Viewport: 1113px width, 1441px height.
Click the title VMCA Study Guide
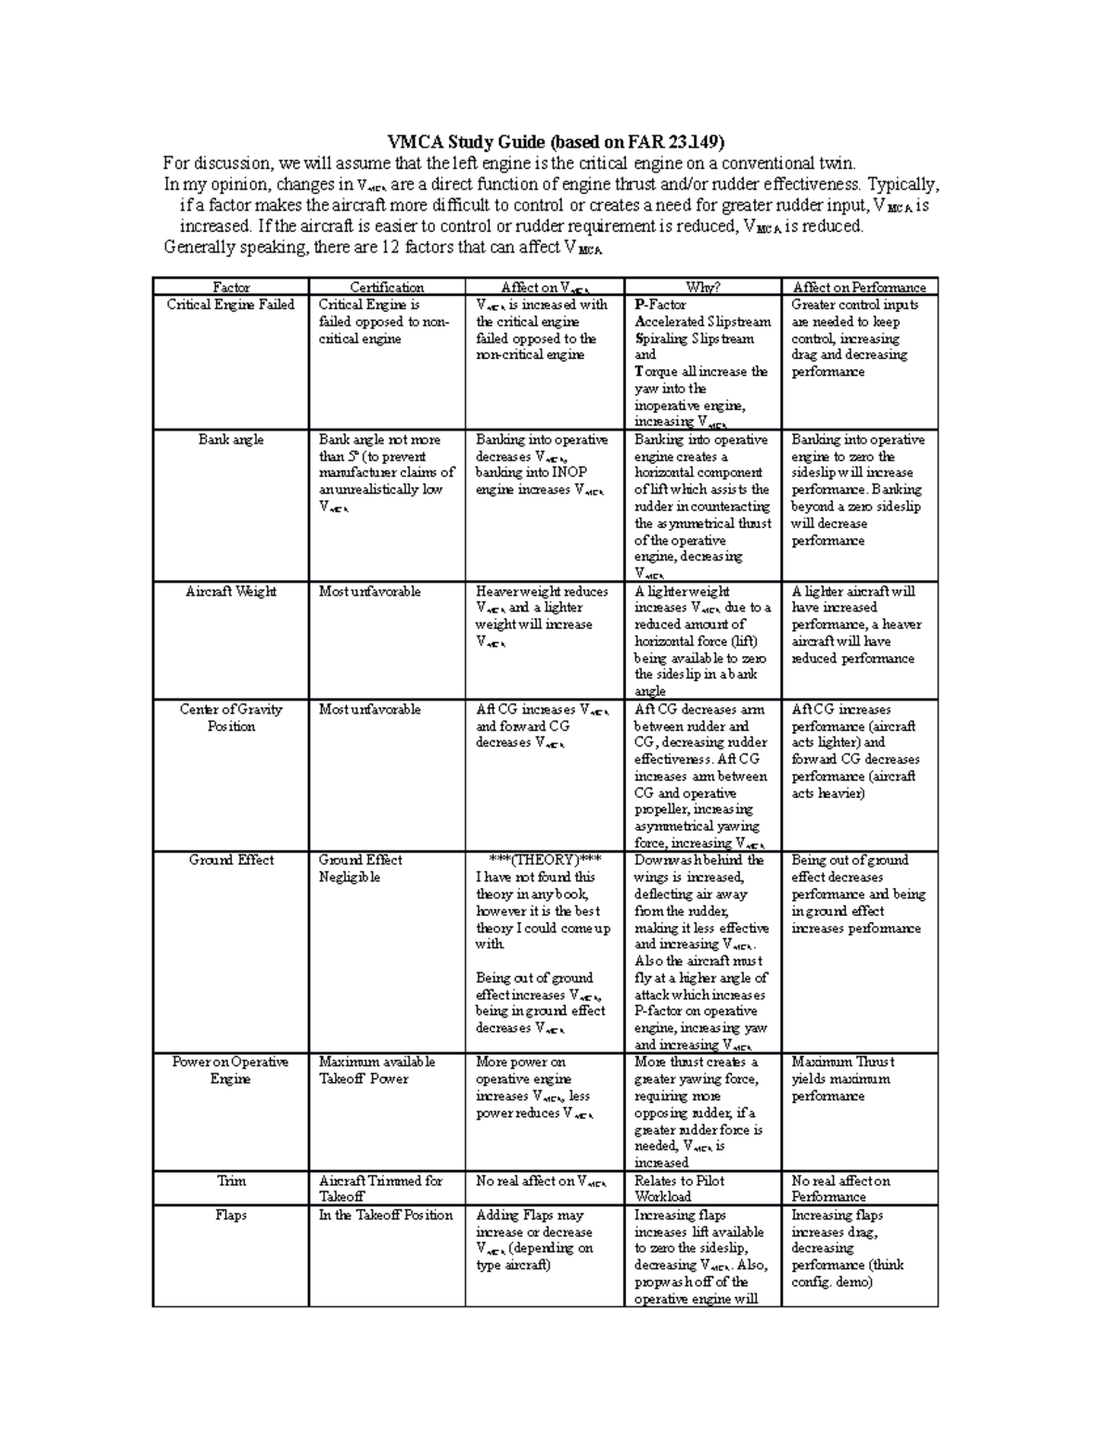pos(555,142)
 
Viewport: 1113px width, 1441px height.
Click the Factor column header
pos(230,288)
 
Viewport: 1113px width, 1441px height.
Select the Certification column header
pos(387,288)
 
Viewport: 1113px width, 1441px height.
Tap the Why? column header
pos(702,288)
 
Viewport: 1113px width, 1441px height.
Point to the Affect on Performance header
pos(859,288)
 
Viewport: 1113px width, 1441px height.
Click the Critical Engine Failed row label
pos(230,304)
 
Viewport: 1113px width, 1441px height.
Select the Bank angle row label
pos(230,440)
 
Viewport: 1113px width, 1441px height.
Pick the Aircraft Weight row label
pos(230,591)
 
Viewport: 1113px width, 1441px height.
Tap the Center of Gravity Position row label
pos(230,717)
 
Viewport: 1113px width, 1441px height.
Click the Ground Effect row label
pos(230,860)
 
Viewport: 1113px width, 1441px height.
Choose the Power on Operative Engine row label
pos(230,1070)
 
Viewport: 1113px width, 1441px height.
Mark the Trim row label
pos(230,1181)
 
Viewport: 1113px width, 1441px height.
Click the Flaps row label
pos(230,1215)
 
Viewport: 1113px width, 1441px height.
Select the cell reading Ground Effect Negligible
pos(361,868)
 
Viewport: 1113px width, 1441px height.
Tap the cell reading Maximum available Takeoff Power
pos(377,1070)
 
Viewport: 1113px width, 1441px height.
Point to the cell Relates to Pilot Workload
pos(679,1189)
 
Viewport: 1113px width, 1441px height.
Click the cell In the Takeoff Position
pos(386,1215)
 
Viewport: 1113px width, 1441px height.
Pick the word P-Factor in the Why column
pos(660,304)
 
